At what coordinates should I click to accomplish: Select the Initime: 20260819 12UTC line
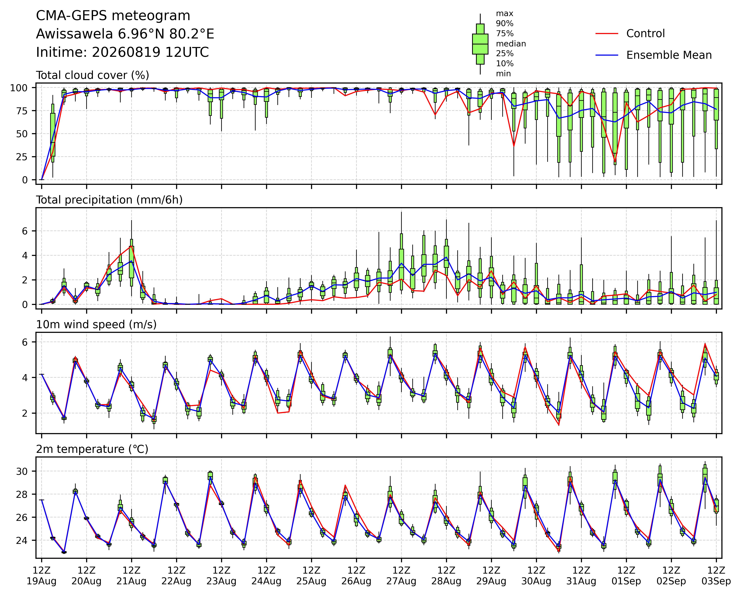(122, 53)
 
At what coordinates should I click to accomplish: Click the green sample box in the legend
(480, 44)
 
